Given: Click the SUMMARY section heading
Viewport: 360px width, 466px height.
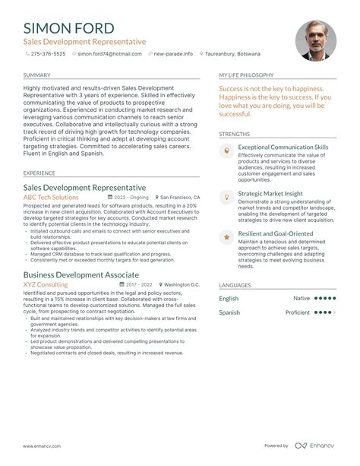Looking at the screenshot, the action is pyautogui.click(x=37, y=76).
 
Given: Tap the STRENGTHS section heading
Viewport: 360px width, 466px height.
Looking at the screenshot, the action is pyautogui.click(x=234, y=133).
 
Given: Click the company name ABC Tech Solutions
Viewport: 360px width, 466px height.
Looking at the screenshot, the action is pyautogui.click(x=55, y=197).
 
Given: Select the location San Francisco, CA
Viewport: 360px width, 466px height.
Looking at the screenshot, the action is pyautogui.click(x=180, y=197).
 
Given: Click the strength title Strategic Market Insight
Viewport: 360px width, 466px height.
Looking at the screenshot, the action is pyautogui.click(x=270, y=194).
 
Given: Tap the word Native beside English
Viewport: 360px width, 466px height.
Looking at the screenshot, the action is pyautogui.click(x=302, y=299).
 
